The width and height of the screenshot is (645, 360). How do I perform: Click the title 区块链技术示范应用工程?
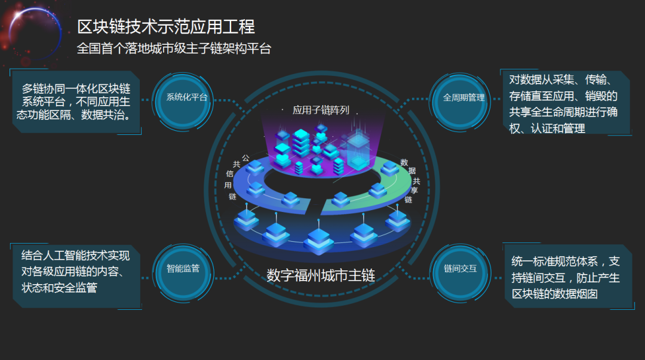[x=166, y=26]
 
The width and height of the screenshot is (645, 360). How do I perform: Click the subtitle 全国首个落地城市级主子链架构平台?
[x=174, y=48]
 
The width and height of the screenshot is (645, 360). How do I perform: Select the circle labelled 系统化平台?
[x=187, y=97]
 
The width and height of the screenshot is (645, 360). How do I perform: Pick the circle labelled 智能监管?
[x=183, y=268]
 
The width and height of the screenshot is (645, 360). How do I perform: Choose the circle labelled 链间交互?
[x=460, y=268]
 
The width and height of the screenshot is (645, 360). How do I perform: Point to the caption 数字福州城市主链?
[x=321, y=275]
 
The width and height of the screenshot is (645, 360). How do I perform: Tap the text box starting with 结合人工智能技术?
[x=76, y=272]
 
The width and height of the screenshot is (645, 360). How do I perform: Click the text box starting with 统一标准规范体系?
[x=566, y=277]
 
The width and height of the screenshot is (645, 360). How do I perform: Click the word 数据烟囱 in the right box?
[x=577, y=294]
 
